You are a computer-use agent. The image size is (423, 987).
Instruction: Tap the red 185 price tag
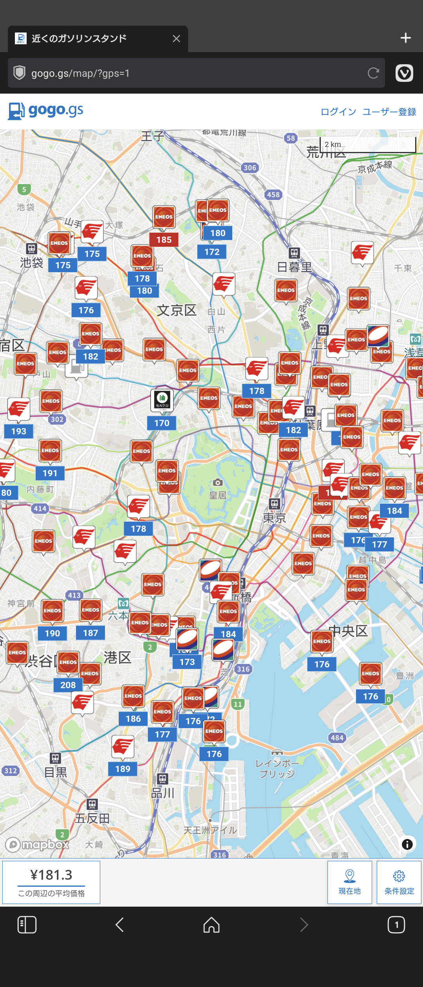(164, 240)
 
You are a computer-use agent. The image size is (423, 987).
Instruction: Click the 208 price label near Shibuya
(68, 685)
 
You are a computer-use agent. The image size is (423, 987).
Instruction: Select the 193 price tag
(19, 431)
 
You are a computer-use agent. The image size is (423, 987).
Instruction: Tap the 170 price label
(162, 423)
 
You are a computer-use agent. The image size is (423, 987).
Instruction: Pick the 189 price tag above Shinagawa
(123, 769)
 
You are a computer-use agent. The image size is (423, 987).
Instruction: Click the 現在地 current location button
(349, 882)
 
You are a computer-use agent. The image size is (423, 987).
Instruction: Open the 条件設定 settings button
(399, 882)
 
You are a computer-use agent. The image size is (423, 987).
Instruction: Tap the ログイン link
(338, 112)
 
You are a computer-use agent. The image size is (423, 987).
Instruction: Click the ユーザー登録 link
(389, 112)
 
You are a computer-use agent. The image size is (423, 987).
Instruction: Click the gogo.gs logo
(46, 111)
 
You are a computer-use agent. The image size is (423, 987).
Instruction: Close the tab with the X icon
(176, 38)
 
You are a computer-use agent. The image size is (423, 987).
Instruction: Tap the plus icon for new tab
(405, 38)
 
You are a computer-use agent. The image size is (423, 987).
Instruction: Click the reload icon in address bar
(373, 73)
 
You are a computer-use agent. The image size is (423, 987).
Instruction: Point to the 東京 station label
(274, 518)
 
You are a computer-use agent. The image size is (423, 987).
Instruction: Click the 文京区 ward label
(177, 310)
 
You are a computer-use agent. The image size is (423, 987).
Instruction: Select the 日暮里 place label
(295, 267)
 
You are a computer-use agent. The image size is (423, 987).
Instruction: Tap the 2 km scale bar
(368, 145)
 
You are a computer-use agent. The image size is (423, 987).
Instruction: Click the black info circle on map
(407, 844)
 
